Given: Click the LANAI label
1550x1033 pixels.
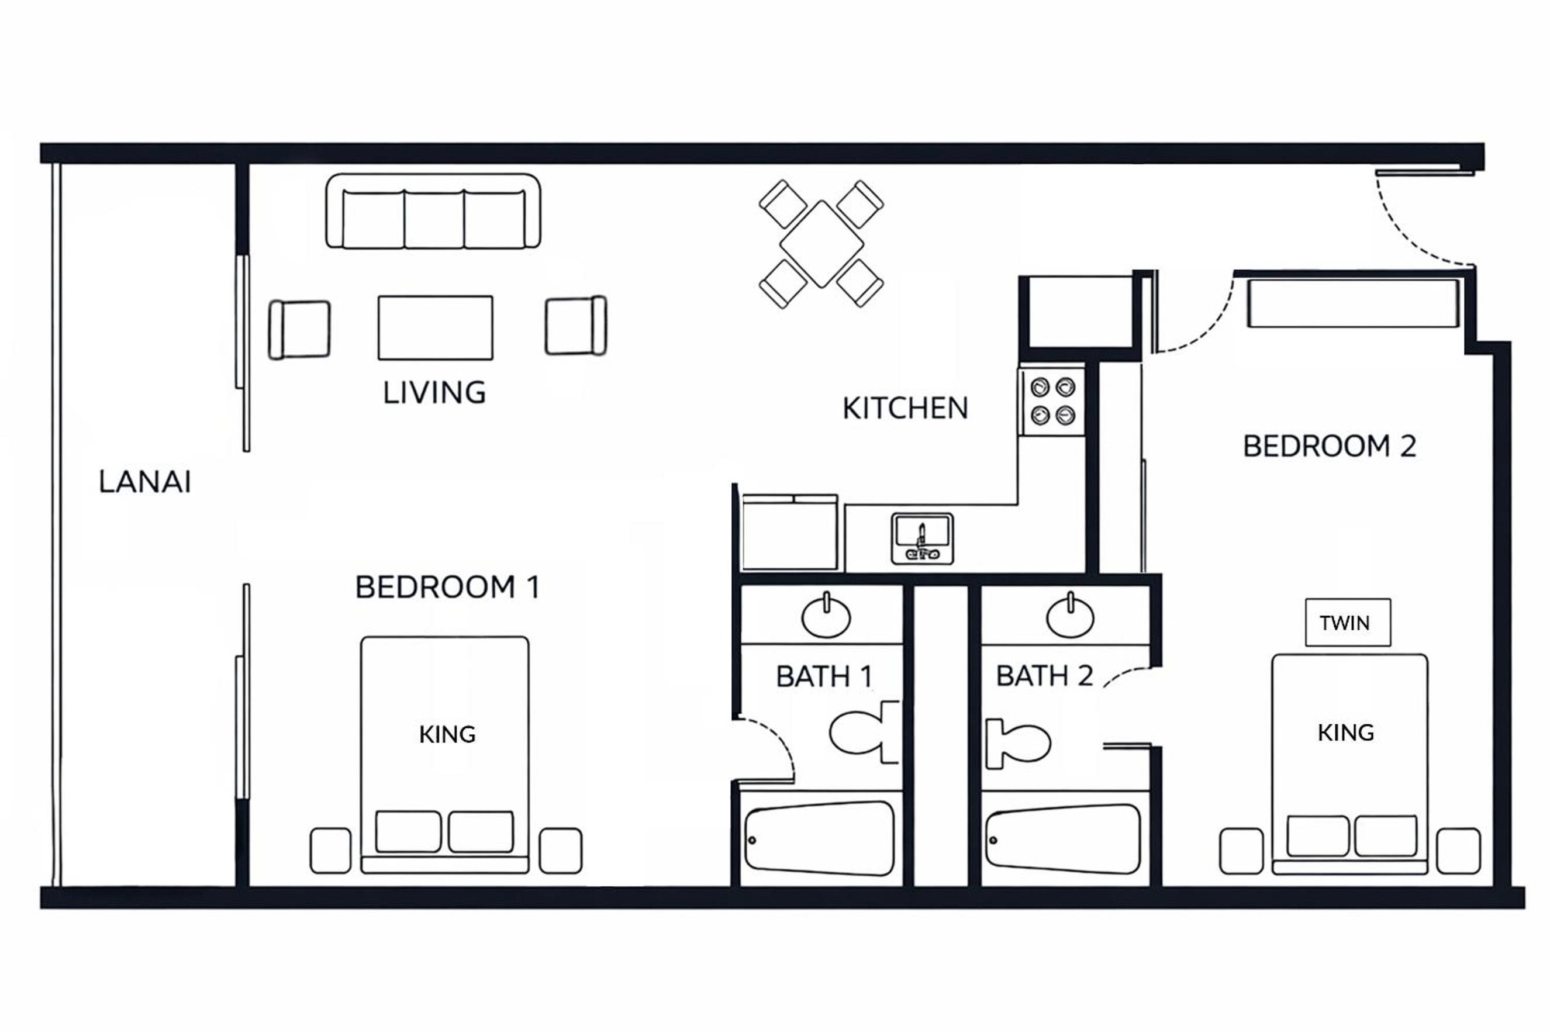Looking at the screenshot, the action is [145, 482].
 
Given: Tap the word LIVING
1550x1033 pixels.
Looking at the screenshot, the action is [435, 393].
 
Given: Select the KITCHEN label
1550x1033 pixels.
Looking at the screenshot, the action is [905, 409].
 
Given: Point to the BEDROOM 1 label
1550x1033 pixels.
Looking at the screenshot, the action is [447, 587].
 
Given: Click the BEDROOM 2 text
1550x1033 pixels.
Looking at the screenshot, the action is [1330, 446].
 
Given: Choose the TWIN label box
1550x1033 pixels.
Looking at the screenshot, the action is [1348, 623].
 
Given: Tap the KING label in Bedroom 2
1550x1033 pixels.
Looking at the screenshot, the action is [1346, 733].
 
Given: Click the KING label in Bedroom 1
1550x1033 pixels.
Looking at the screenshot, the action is [447, 734].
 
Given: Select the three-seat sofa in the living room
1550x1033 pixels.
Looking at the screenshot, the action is [433, 211].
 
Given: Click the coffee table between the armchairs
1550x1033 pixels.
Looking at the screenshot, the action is [435, 327].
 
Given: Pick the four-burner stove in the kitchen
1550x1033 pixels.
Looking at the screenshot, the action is [1052, 401].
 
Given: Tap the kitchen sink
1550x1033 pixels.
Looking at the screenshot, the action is [922, 539].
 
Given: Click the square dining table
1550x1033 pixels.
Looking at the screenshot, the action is [821, 244].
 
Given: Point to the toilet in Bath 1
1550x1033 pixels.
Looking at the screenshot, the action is [864, 733].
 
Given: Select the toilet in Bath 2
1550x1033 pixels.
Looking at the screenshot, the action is [1018, 744].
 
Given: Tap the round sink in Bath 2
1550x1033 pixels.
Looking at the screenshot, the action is [1070, 616].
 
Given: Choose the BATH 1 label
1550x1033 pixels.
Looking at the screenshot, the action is [824, 676].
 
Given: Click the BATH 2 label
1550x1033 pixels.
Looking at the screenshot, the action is [1044, 676].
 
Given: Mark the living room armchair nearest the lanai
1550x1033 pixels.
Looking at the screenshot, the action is [299, 329].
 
